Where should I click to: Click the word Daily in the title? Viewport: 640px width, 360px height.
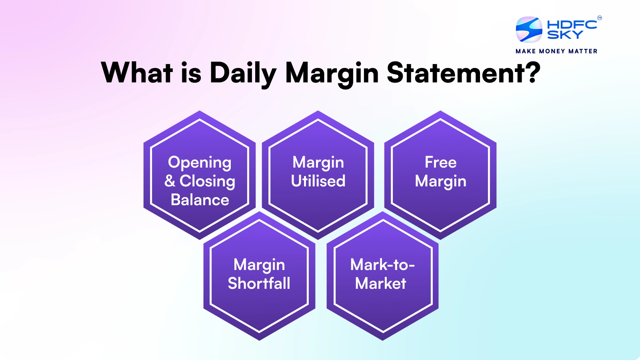click(242, 73)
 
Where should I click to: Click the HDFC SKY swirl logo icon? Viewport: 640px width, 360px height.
click(529, 30)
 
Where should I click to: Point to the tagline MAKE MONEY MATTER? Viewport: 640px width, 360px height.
click(556, 51)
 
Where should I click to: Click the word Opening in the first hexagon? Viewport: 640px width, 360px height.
click(200, 163)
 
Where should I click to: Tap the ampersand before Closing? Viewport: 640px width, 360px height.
click(170, 181)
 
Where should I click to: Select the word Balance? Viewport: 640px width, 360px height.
click(200, 200)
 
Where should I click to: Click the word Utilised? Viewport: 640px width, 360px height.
click(318, 181)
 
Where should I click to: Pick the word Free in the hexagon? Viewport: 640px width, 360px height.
click(440, 162)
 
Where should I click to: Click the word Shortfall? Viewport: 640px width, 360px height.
click(259, 283)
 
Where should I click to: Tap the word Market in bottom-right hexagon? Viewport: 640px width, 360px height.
click(380, 283)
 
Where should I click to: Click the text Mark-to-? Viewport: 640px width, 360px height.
click(382, 264)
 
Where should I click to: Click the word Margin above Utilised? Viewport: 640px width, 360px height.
click(318, 163)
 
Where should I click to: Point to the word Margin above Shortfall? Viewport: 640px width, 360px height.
click(259, 265)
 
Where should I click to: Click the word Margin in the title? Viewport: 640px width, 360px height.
click(332, 73)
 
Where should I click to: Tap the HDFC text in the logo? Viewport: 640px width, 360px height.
click(572, 24)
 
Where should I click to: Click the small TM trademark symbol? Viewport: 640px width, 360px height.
click(599, 18)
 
